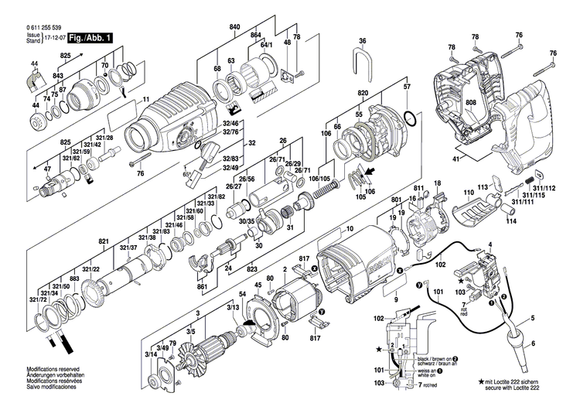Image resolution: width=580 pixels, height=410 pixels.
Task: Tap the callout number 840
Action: pos(234,27)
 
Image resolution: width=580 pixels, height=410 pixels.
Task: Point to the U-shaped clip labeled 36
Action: pos(360,63)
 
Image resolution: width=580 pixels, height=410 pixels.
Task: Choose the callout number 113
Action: pos(482,186)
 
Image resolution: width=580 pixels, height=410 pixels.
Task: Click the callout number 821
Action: pos(101,241)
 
